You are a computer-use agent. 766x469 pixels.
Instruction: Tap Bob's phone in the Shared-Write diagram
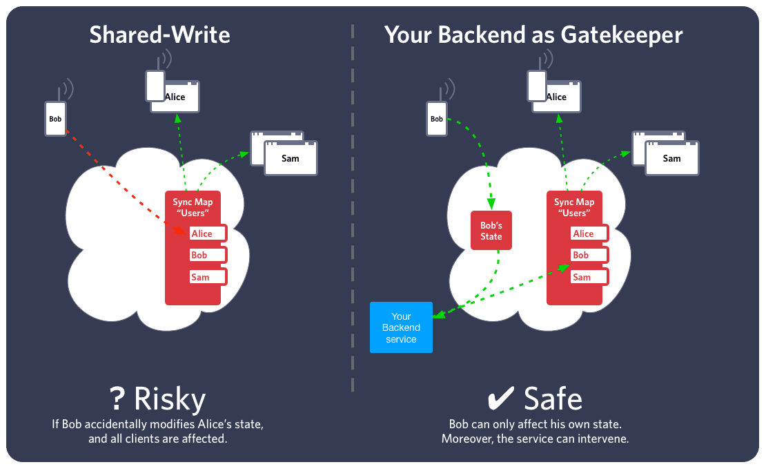point(55,119)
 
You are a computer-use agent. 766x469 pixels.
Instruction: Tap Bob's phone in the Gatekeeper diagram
point(437,119)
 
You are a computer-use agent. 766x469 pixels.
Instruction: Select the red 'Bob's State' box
point(491,231)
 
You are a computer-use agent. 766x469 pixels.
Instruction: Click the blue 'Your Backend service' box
point(401,327)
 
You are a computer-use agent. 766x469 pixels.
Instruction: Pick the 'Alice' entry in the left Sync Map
point(207,233)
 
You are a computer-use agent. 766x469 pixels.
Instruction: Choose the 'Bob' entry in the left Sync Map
point(207,255)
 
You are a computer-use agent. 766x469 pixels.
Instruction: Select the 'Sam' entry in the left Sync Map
point(207,277)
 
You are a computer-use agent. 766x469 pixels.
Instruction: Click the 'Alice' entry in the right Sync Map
point(589,233)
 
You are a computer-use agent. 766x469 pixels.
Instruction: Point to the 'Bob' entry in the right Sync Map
point(589,255)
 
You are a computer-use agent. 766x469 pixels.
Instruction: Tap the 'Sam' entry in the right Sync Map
point(589,277)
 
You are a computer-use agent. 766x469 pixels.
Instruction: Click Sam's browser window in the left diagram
point(291,158)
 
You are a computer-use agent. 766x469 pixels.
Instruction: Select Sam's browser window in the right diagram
point(671,158)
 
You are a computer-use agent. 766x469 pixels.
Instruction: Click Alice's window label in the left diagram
point(175,97)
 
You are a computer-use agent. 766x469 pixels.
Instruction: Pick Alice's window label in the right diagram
point(556,97)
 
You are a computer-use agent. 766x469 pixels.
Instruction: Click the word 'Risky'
point(170,399)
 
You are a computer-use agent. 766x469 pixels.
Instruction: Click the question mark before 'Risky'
point(118,399)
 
